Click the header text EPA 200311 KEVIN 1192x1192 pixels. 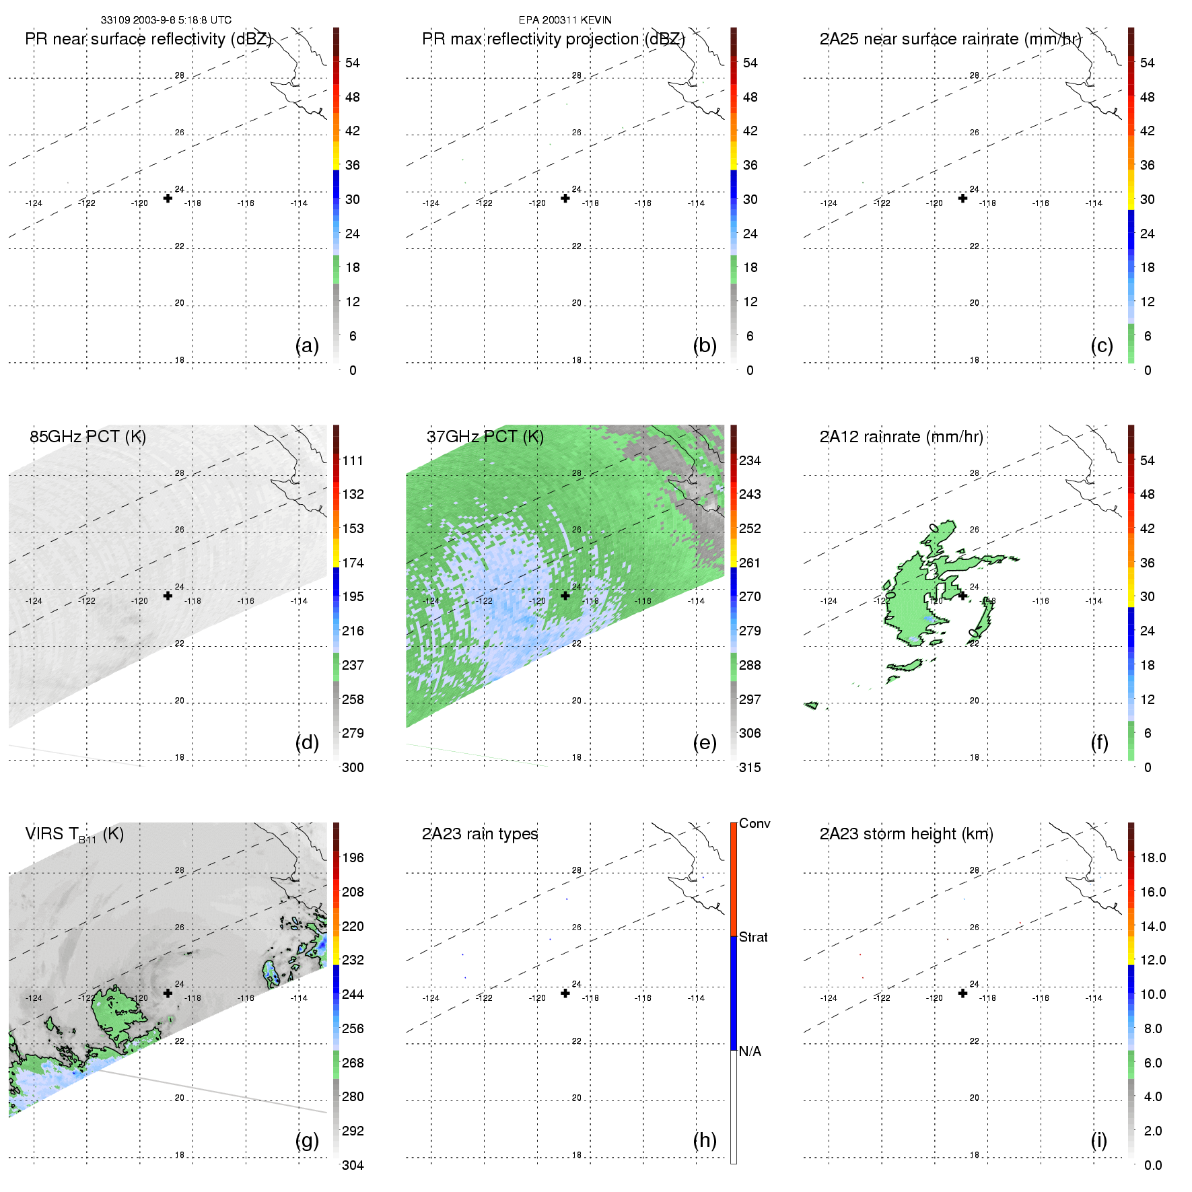pyautogui.click(x=565, y=20)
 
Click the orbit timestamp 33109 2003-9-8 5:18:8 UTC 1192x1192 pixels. pyautogui.click(x=166, y=20)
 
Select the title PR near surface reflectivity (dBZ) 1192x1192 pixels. pyautogui.click(x=148, y=39)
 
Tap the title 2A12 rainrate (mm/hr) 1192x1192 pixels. pyautogui.click(x=901, y=437)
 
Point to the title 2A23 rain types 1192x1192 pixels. pyautogui.click(x=480, y=834)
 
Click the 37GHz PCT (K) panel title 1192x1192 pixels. pyautogui.click(x=485, y=437)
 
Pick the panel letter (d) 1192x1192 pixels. pyautogui.click(x=307, y=742)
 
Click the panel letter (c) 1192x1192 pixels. pyautogui.click(x=1102, y=345)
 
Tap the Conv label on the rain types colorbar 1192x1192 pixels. pyautogui.click(x=755, y=823)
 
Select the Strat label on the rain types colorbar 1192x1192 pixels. pyautogui.click(x=753, y=937)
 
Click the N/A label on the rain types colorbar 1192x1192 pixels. pyautogui.click(x=750, y=1051)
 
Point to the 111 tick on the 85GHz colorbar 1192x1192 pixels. pyautogui.click(x=353, y=460)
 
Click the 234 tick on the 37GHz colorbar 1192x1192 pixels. pyautogui.click(x=750, y=460)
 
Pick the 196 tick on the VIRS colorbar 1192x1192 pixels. pyautogui.click(x=353, y=857)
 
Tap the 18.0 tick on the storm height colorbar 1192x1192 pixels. pyautogui.click(x=1153, y=857)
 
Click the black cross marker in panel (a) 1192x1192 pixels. pyautogui.click(x=168, y=198)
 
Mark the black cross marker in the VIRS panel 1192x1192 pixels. pyautogui.click(x=168, y=993)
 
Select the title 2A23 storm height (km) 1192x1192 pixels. pyautogui.click(x=906, y=834)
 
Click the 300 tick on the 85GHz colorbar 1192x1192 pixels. pyautogui.click(x=353, y=767)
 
